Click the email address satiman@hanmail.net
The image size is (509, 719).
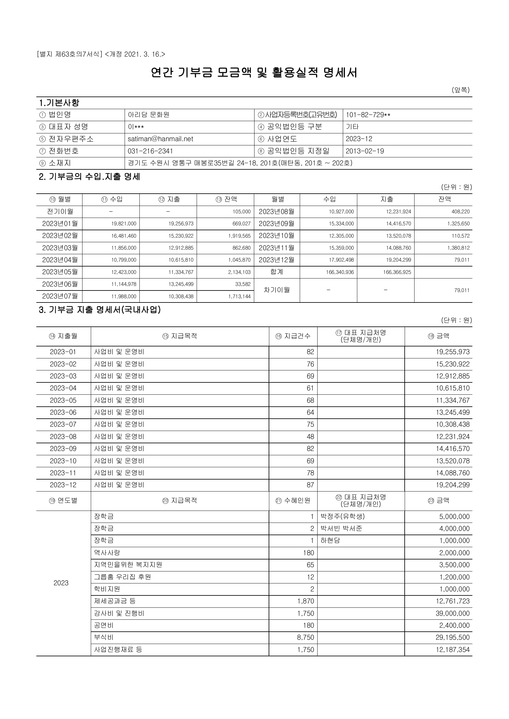(x=160, y=139)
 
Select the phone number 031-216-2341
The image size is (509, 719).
(x=150, y=151)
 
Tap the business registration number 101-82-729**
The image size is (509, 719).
(x=368, y=115)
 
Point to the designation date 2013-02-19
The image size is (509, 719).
(x=364, y=151)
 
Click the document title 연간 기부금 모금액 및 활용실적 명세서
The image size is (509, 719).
(x=254, y=73)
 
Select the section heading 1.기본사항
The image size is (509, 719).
(x=59, y=103)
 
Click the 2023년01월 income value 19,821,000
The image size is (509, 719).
(x=124, y=223)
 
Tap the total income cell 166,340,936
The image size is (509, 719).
(x=340, y=272)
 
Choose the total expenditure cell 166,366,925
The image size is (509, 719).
(x=397, y=272)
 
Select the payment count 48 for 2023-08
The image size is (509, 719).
(x=310, y=437)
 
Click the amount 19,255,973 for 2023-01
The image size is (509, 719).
(x=453, y=352)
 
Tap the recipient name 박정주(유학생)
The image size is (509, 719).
(x=343, y=516)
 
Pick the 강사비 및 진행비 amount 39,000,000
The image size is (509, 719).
(x=452, y=613)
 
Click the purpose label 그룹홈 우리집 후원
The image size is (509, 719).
(x=122, y=577)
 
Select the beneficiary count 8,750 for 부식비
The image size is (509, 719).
(x=306, y=637)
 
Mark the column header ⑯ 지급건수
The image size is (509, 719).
(x=293, y=336)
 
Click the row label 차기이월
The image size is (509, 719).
(x=276, y=290)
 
